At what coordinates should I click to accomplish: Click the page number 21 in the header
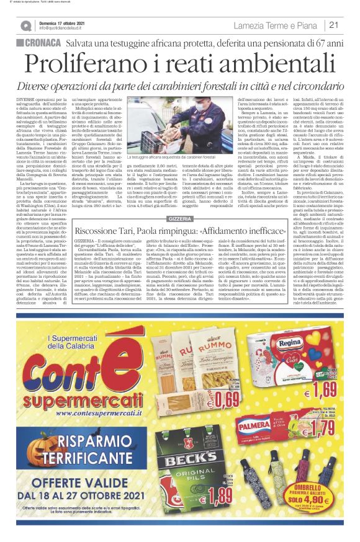pyautogui.click(x=334, y=25)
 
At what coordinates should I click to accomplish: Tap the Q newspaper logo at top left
pyautogui.click(x=25, y=25)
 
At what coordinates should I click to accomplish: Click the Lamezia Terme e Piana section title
pyautogui.click(x=276, y=25)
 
